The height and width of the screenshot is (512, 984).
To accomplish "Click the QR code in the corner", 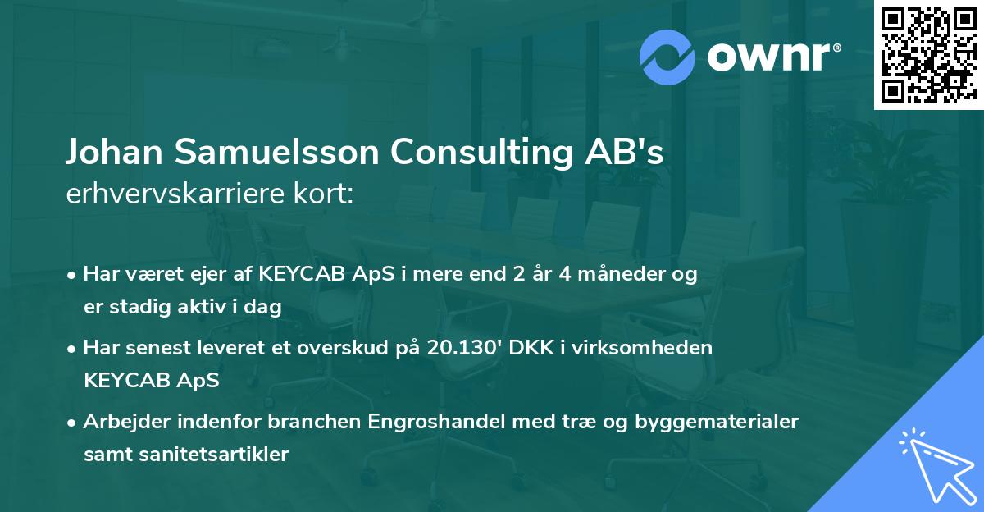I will point(927,55).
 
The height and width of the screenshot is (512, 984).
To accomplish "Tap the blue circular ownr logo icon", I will point(667,57).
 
